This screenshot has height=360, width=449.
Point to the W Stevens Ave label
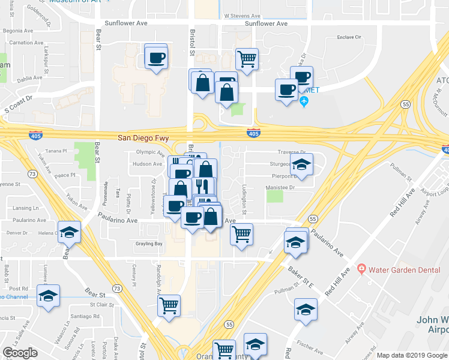tap(242, 17)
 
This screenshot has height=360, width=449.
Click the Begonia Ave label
tap(17, 30)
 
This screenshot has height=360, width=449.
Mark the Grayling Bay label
tap(150, 244)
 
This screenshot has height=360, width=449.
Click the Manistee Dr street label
tap(280, 188)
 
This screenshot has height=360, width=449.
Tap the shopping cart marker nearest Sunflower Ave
tap(247, 59)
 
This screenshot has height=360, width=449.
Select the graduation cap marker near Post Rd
tap(48, 295)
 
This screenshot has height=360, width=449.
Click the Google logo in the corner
tap(20, 352)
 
